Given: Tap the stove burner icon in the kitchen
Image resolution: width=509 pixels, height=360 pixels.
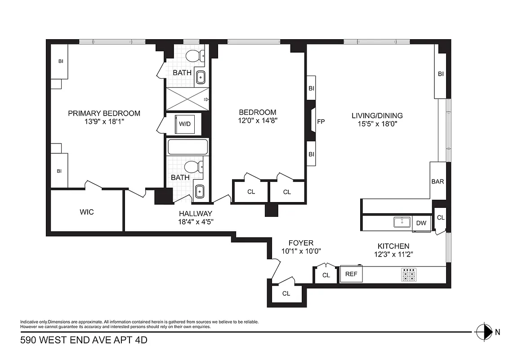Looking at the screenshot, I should (409, 275).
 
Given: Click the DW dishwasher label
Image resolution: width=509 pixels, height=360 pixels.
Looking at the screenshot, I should (421, 223).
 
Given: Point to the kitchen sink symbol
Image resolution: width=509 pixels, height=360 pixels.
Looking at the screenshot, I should (401, 222).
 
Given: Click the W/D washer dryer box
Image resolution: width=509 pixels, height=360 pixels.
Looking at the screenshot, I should (184, 123).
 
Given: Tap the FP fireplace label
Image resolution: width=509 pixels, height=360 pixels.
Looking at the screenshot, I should (321, 121).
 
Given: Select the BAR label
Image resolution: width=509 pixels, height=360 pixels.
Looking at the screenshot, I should (438, 182).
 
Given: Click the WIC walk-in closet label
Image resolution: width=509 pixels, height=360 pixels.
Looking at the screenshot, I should (87, 211).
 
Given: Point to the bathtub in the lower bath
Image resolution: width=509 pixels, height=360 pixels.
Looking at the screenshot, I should (188, 147).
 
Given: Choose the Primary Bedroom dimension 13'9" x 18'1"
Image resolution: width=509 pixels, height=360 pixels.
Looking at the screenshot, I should (104, 121).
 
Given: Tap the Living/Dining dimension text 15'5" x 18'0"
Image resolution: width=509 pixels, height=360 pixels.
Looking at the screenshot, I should (377, 123).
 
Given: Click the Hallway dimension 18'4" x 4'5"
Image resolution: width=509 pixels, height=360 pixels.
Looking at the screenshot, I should (195, 221).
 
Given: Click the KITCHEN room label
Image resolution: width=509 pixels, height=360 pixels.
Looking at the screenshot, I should (393, 246).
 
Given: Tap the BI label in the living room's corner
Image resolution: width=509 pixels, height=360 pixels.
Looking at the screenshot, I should (441, 74).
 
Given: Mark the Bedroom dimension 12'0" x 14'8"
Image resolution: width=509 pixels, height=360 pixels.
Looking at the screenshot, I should (257, 121).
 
